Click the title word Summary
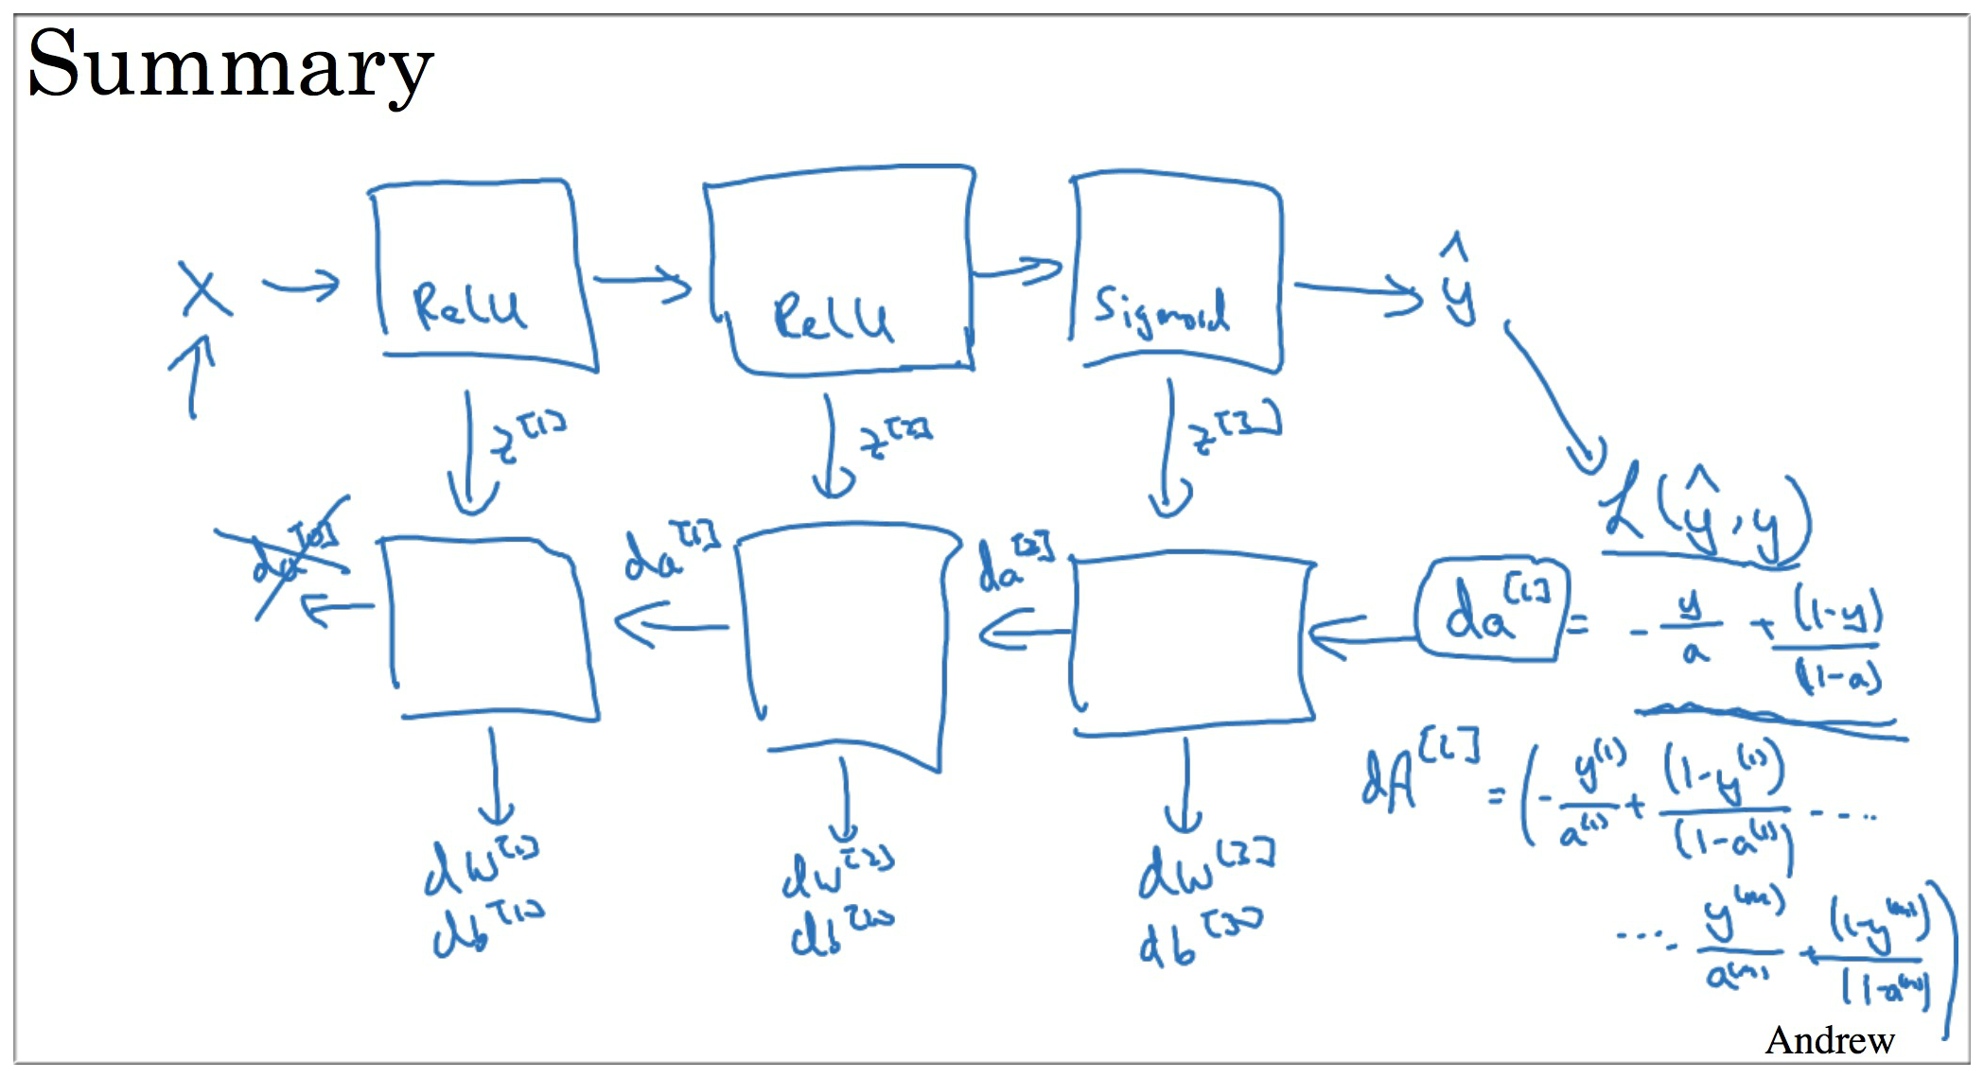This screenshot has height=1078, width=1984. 230,64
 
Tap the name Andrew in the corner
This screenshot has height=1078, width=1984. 1829,1040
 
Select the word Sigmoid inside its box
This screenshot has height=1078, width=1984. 1160,310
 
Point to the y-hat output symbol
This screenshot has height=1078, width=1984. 1458,284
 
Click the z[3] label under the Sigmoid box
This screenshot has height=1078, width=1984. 1235,429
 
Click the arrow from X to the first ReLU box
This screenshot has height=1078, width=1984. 301,284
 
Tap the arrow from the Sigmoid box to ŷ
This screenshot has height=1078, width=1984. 1359,291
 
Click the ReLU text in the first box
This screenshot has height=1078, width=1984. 467,306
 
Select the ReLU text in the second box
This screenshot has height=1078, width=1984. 832,318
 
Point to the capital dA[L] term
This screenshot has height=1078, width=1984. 1419,770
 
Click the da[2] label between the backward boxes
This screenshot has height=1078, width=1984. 1013,565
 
